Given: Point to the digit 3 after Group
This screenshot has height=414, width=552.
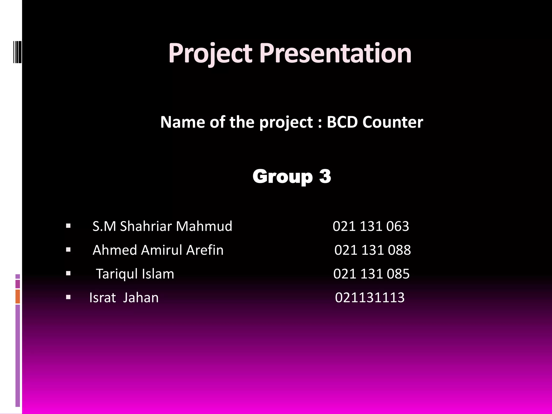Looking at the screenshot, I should tap(325, 177).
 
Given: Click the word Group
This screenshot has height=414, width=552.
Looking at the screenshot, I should tap(282, 177).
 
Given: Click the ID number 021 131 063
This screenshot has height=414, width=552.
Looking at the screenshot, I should tap(371, 226).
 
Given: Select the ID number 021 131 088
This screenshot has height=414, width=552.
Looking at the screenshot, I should tap(372, 250).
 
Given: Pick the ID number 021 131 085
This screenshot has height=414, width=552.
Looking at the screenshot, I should tap(371, 274).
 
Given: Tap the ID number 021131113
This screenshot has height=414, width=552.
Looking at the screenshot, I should tap(370, 298).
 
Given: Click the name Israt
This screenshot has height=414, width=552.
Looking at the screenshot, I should tap(102, 298).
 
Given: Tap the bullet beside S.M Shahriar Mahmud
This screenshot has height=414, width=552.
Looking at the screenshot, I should tap(68, 226).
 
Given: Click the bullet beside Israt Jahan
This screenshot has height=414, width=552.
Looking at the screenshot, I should tap(68, 297).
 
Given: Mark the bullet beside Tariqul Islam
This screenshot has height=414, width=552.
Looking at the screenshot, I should tap(68, 274).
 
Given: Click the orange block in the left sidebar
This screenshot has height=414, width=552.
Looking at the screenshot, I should tap(18, 296).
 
